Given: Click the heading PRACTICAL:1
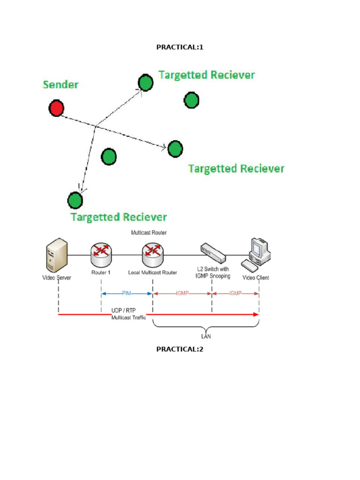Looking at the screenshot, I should coord(180,47).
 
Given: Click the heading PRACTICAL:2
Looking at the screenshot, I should coord(180,349).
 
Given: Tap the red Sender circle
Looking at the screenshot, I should coord(56,108).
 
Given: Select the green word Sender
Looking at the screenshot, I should coord(60,85).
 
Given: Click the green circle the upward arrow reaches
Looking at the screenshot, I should coord(146,83).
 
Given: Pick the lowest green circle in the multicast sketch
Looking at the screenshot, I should coord(75,200).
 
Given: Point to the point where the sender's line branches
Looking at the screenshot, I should coord(96,126).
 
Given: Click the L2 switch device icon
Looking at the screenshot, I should coord(213,253).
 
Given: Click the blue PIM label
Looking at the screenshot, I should coord(127,293).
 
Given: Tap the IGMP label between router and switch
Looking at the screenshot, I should coord(183,293).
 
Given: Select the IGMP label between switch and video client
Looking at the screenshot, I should coord(235,293).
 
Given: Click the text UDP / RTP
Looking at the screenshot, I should coord(124,310).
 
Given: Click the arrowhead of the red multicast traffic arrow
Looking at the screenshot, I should coord(255,314).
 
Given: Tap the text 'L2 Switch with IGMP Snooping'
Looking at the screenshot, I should coord(213,274).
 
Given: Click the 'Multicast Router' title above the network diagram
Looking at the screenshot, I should coord(149,232).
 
